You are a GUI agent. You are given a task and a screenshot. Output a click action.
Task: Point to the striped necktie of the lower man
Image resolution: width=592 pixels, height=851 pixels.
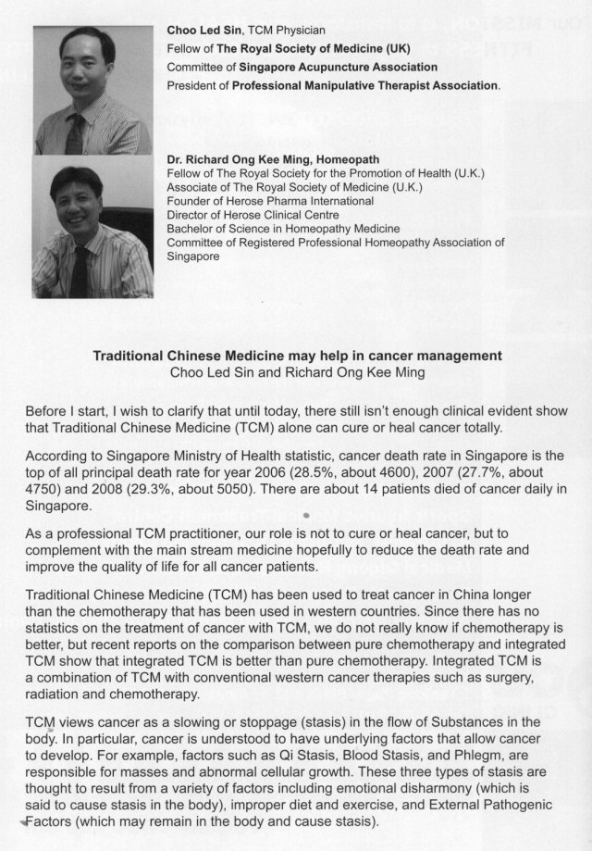(x=80, y=270)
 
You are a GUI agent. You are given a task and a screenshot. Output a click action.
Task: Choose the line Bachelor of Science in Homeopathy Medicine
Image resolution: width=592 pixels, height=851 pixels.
(x=283, y=229)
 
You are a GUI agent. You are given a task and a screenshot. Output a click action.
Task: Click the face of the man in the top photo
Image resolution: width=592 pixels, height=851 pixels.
(x=75, y=75)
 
